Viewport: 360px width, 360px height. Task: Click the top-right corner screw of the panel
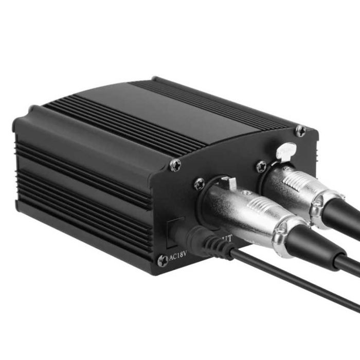coord(300,131)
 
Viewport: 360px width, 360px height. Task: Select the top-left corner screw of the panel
coord(175,165)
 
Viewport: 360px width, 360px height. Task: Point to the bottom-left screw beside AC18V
coord(163,260)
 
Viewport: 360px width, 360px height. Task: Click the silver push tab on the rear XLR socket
coord(283,150)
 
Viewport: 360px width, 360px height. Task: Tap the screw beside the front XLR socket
coord(199,184)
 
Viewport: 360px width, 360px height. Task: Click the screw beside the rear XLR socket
coord(262,166)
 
